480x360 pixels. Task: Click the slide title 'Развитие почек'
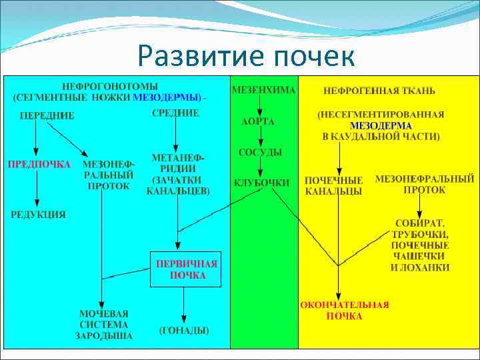247,56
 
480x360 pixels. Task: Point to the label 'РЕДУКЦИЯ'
38,214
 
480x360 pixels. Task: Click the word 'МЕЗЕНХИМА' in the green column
264,89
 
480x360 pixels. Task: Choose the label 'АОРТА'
257,122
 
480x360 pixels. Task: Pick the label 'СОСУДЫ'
260,153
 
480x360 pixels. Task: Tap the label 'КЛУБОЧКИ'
261,183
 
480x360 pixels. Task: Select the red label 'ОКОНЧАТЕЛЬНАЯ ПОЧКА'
344,310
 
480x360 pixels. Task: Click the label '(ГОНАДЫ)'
184,330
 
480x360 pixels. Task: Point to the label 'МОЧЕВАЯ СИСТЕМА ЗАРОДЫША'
106,324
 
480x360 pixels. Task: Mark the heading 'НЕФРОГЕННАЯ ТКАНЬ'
379,90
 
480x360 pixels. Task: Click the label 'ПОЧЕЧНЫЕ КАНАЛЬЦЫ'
334,185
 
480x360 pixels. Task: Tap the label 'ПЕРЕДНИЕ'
47,115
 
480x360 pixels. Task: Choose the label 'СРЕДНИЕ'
175,113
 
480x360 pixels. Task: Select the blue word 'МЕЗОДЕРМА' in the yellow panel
381,125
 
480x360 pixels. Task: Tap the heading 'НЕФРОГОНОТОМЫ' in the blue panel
110,87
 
